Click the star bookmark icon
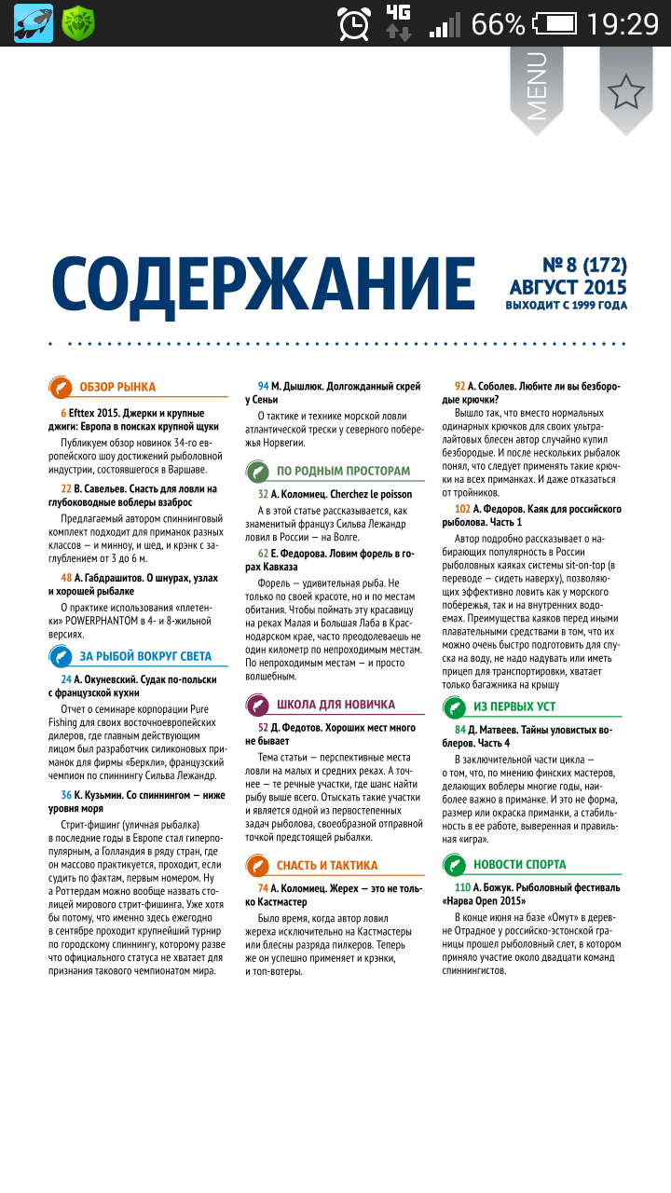625,90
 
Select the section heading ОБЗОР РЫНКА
117,387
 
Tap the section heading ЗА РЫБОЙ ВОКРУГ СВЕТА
144,656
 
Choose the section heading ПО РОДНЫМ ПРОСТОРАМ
343,471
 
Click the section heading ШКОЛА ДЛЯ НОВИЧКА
335,705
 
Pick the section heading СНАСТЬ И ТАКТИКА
327,865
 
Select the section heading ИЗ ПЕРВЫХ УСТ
514,706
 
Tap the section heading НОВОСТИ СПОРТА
519,864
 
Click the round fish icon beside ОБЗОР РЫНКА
59,387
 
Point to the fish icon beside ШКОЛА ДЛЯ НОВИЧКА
257,705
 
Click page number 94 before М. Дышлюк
263,386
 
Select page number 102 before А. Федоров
462,509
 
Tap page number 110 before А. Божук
462,887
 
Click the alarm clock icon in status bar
354,23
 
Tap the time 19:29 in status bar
623,23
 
